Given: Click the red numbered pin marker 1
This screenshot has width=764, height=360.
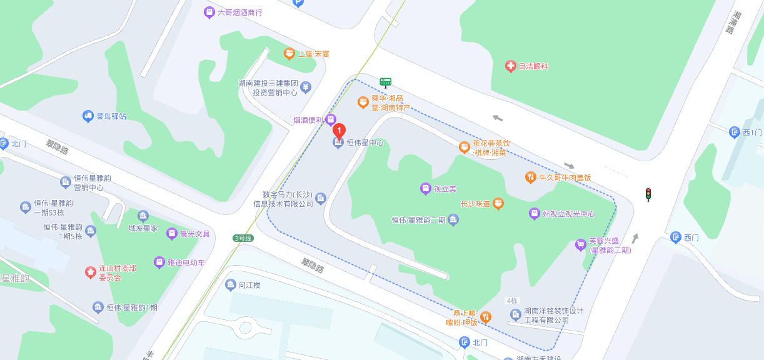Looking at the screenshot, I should (338, 131).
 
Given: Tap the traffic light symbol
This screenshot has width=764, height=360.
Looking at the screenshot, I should (648, 194).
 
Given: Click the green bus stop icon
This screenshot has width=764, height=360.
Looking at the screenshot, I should (386, 82).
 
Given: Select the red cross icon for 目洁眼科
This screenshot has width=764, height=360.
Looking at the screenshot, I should (510, 66).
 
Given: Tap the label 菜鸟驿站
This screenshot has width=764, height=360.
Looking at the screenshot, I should (111, 116).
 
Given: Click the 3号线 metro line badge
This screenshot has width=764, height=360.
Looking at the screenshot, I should (242, 238).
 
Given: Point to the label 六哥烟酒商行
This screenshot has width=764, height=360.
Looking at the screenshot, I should (240, 12).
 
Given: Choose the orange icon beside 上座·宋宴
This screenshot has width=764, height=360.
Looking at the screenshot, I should (289, 54).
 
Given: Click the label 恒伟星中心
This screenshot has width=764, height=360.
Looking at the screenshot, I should (365, 143).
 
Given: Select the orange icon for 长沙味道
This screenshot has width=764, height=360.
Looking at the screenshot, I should (498, 203).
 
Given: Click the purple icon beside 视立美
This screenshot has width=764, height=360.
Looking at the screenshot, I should (425, 188).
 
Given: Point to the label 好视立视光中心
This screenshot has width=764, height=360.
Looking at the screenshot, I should (568, 214).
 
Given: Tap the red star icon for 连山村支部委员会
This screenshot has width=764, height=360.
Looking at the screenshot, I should (90, 272).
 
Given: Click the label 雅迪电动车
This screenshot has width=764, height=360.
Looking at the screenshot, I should (186, 262).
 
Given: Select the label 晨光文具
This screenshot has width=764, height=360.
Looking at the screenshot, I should (195, 234).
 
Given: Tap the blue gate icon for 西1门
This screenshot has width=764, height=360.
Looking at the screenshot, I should (735, 132).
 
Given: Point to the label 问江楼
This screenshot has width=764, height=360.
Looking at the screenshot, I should (249, 285).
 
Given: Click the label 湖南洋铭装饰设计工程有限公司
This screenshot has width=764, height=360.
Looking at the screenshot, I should (553, 316).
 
